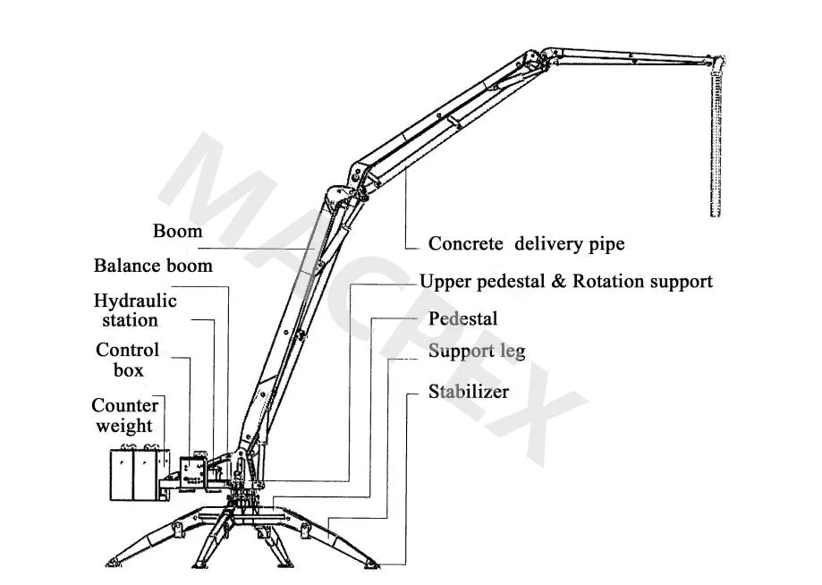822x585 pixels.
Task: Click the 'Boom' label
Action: click(x=177, y=231)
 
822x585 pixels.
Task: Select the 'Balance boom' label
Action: click(x=153, y=266)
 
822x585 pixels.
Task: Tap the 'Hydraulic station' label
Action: click(x=135, y=310)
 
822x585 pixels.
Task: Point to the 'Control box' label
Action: click(x=127, y=360)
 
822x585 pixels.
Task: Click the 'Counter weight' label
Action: click(x=124, y=416)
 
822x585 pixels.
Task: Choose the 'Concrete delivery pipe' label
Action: click(x=526, y=243)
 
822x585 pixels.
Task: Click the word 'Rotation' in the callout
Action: click(x=617, y=282)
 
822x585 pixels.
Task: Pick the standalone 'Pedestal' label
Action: click(x=462, y=318)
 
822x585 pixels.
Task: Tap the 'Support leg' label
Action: click(x=476, y=350)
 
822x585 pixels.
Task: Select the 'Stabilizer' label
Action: click(x=468, y=392)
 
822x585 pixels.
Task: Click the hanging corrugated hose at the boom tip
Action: click(x=716, y=143)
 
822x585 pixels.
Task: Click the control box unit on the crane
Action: click(x=191, y=472)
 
